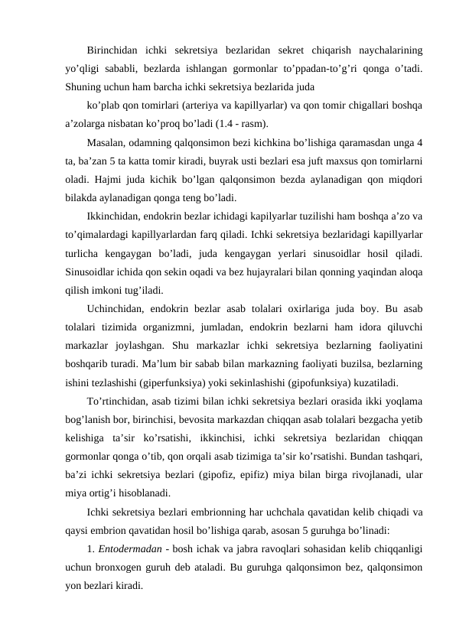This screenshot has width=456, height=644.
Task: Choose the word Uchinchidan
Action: click(116, 308)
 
